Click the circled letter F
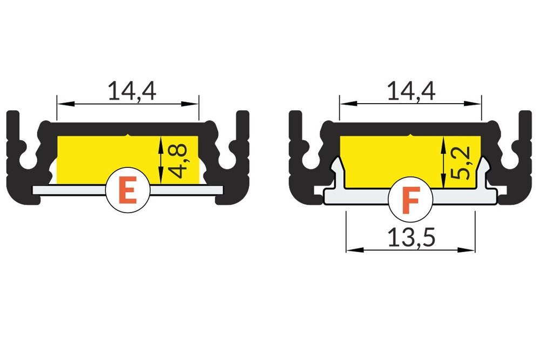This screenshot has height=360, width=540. pyautogui.click(x=410, y=200)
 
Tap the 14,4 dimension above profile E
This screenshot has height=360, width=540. pyautogui.click(x=132, y=91)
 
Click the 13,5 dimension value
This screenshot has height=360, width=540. pyautogui.click(x=411, y=238)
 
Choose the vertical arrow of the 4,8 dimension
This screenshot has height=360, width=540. pyautogui.click(x=161, y=160)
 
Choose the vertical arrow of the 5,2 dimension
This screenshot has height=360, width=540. pyautogui.click(x=443, y=162)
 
